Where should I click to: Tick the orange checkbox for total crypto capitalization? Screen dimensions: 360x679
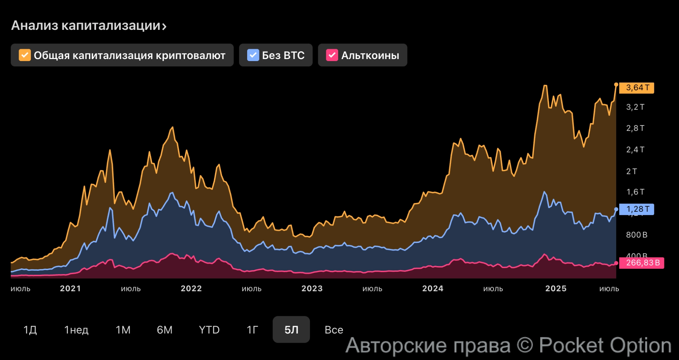click(x=25, y=55)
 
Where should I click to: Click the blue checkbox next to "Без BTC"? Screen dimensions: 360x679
click(x=253, y=55)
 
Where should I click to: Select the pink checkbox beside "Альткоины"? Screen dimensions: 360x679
click(x=332, y=55)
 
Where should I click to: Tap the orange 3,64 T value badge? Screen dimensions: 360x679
click(x=637, y=88)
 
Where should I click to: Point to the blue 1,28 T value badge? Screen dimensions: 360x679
click(x=637, y=209)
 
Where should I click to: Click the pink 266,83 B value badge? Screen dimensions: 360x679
click(x=641, y=263)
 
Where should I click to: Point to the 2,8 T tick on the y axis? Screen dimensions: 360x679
click(x=635, y=128)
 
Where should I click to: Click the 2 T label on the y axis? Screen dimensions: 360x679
click(x=631, y=171)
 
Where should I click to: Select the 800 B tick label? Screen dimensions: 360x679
click(x=637, y=235)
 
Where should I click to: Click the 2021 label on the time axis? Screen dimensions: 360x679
click(x=70, y=288)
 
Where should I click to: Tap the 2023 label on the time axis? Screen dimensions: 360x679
click(x=312, y=288)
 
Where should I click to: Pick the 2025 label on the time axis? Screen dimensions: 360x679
click(x=556, y=288)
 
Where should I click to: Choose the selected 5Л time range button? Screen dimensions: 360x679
click(x=291, y=330)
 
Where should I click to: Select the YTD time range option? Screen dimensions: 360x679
click(x=209, y=330)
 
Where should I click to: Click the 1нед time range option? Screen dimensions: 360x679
click(x=76, y=330)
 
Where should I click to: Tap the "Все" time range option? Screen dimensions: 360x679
click(x=334, y=330)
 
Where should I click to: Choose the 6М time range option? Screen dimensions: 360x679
click(x=165, y=330)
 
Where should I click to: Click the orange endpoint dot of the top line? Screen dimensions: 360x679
click(x=616, y=84)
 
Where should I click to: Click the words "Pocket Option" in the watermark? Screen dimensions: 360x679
click(x=605, y=346)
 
